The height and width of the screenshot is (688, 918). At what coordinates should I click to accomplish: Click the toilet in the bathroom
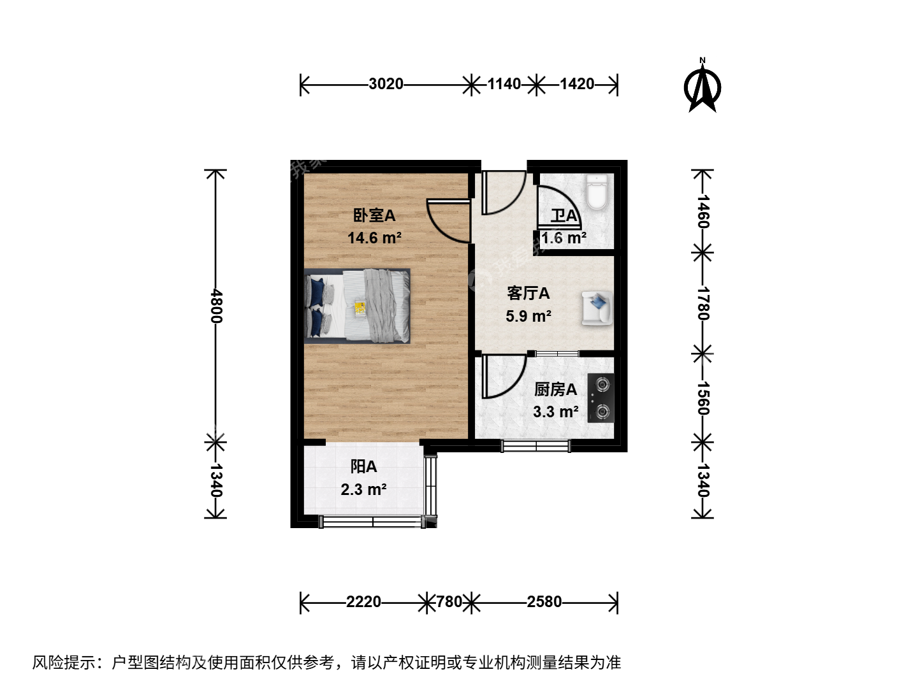tap(596, 192)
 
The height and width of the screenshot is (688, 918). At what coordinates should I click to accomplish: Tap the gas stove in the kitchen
tap(601, 398)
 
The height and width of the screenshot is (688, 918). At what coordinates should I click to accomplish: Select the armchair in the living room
tap(597, 308)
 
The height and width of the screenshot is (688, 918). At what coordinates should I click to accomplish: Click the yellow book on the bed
tap(360, 308)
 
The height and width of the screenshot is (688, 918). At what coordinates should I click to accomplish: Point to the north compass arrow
tap(703, 85)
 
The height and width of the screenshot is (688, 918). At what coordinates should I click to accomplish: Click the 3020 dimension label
tap(386, 84)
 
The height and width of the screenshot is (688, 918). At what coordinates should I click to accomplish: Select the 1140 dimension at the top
tap(504, 84)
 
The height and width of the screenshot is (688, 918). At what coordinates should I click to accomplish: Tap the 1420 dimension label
tap(577, 84)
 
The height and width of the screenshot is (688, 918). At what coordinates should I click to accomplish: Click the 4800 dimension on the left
tap(216, 306)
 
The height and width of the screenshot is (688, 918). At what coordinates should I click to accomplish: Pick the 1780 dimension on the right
tap(703, 303)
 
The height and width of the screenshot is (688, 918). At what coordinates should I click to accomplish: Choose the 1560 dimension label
tap(703, 398)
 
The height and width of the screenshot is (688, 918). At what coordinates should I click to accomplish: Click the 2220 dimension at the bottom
tap(363, 602)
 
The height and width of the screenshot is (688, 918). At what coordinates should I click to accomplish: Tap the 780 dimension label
tap(449, 602)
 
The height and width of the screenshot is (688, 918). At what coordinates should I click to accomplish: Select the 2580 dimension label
tap(544, 602)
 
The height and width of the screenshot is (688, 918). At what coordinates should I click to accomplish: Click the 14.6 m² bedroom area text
tap(374, 238)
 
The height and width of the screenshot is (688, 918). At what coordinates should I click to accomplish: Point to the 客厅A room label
tap(528, 293)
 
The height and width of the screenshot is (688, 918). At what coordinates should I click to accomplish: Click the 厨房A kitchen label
tap(555, 390)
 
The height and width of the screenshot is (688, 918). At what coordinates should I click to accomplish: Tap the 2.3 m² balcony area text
tap(363, 490)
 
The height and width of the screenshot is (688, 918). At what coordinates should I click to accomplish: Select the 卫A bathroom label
tap(564, 216)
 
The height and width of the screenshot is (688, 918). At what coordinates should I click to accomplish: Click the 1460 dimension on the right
tap(703, 211)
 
